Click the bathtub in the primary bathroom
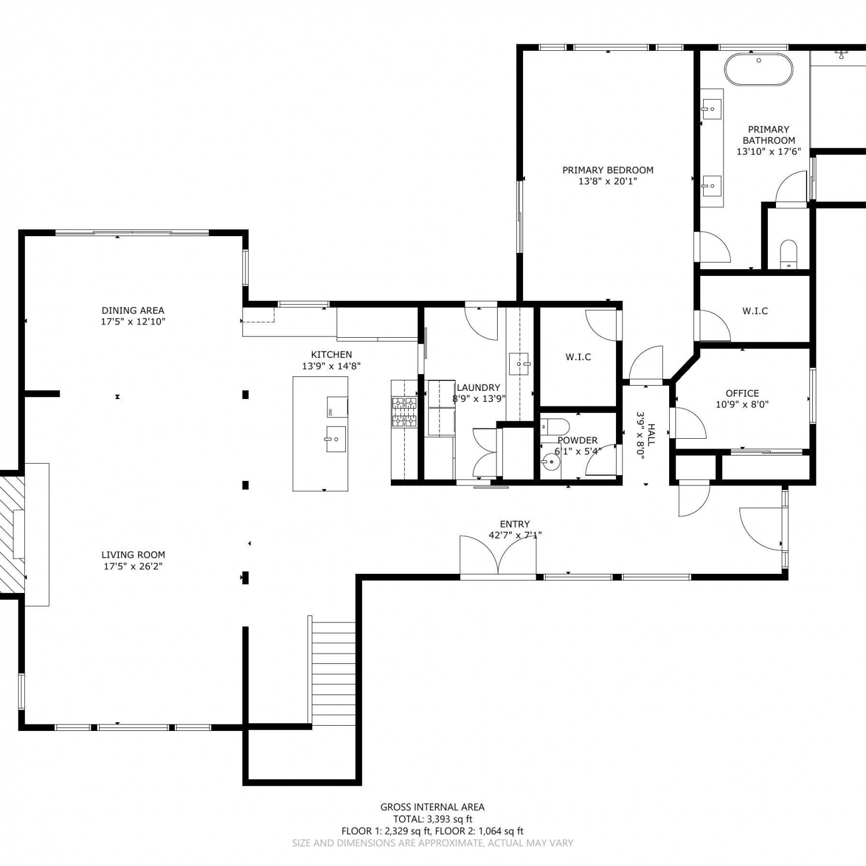click(x=759, y=69)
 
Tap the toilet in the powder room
click(x=555, y=427)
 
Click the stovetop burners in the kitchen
click(x=404, y=412)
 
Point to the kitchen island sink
click(x=335, y=439)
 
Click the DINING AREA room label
click(x=133, y=311)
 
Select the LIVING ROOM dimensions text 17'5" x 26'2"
click(x=133, y=566)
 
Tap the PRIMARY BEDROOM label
click(x=608, y=170)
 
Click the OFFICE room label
click(x=742, y=394)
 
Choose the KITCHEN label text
click(x=331, y=355)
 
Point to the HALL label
click(x=651, y=435)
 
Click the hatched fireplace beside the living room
click(x=12, y=534)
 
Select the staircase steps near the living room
click(x=333, y=674)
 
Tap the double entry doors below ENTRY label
click(x=498, y=557)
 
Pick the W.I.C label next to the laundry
click(x=578, y=357)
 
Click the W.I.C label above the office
click(x=755, y=311)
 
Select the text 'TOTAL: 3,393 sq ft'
click(x=432, y=819)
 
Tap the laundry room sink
click(x=520, y=364)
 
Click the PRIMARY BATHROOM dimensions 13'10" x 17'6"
click(x=769, y=152)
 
